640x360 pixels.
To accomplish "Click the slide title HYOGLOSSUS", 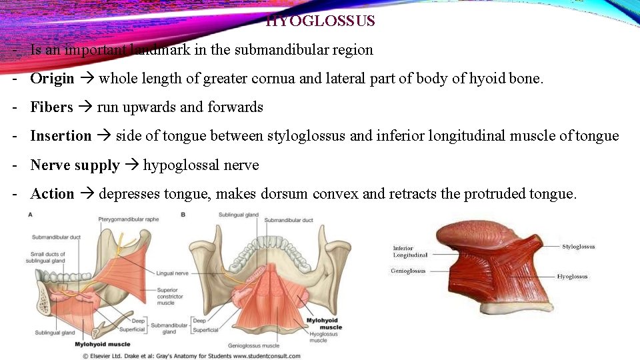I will click(x=321, y=21).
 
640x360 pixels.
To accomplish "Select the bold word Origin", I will click(x=52, y=79).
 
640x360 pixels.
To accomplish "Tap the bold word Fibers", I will click(x=51, y=107).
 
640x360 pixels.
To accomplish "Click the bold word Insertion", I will click(x=61, y=136).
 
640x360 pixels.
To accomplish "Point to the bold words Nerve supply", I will click(x=75, y=165).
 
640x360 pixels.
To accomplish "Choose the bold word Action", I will click(x=52, y=194).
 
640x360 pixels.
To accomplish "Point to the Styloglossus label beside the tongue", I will click(x=578, y=247).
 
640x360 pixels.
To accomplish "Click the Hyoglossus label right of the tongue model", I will click(x=572, y=276).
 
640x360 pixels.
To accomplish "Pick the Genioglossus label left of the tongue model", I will click(x=408, y=271).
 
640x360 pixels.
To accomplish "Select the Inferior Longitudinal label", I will click(x=410, y=251).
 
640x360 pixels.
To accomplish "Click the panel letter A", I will click(x=30, y=214).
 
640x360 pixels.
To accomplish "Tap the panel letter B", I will click(x=183, y=214).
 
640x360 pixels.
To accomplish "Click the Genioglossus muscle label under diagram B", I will click(x=253, y=346).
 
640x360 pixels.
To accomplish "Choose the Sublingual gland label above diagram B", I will click(x=238, y=215).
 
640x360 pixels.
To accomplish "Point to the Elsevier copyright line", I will click(x=191, y=356).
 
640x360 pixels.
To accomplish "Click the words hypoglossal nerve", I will click(x=201, y=165).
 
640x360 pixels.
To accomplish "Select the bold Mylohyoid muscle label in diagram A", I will click(x=102, y=344).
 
